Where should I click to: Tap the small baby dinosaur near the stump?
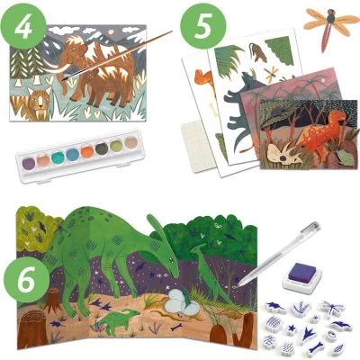112,317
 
